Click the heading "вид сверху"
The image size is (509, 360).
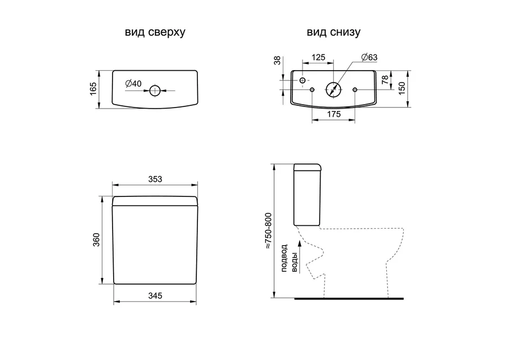click(x=155, y=32)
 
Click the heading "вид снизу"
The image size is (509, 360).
click(x=333, y=32)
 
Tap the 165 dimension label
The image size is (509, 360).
click(x=93, y=89)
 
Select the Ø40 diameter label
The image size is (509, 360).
click(x=133, y=84)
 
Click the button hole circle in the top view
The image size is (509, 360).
click(x=155, y=91)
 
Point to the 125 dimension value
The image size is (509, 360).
click(x=318, y=57)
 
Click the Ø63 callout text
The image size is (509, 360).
click(x=369, y=57)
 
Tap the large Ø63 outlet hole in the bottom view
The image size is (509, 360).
click(x=333, y=89)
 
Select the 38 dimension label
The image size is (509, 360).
click(x=277, y=61)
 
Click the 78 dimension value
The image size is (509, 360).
click(x=385, y=80)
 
